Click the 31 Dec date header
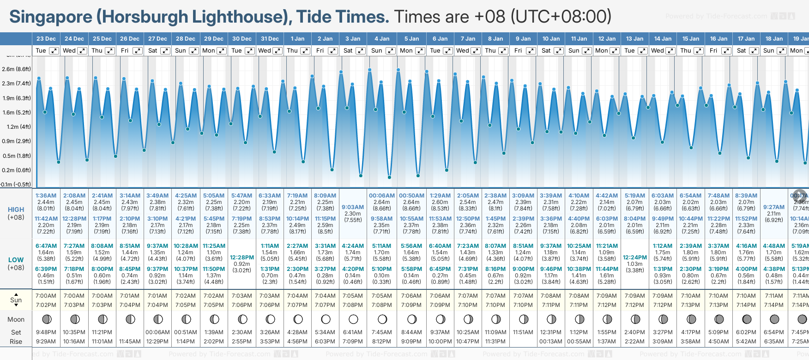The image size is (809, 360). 270,39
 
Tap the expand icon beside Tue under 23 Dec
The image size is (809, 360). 54,51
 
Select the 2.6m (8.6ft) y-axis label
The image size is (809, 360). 16,69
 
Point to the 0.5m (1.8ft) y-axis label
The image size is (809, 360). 16,156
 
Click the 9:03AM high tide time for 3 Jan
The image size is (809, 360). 353,207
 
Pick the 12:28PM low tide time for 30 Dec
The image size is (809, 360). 242,258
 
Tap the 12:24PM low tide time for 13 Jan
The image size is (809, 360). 635,258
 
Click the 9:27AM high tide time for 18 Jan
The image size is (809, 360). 774,207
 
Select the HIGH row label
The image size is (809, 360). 16,210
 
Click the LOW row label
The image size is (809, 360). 16,260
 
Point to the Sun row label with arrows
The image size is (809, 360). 16,300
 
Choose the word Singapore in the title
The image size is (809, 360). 51,17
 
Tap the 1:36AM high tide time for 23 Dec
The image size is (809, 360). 46,196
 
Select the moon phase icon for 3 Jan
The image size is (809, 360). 353,319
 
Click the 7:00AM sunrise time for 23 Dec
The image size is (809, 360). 46,296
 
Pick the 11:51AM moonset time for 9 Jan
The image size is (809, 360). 523,332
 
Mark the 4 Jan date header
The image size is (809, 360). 382,39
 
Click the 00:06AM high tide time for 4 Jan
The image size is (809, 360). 382,196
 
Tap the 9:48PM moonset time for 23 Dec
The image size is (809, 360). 46,332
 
